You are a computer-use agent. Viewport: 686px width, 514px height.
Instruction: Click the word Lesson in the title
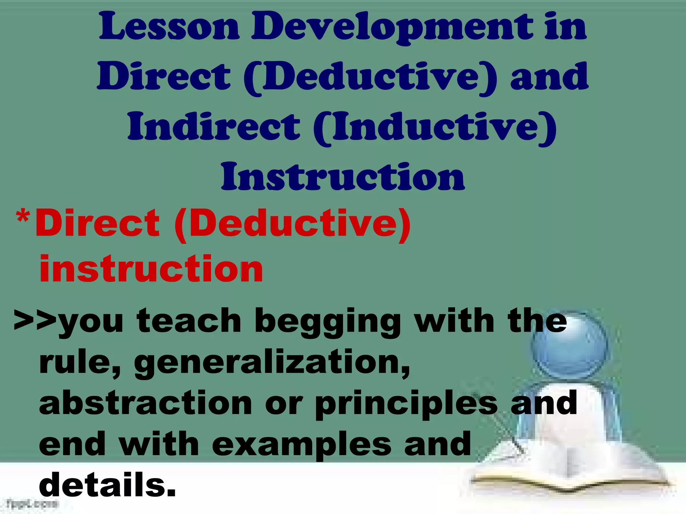click(169, 27)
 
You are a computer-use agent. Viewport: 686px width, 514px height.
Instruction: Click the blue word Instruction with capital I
click(343, 177)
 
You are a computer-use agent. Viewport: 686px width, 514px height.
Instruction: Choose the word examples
click(301, 445)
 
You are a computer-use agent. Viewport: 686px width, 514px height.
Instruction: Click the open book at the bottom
click(566, 468)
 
